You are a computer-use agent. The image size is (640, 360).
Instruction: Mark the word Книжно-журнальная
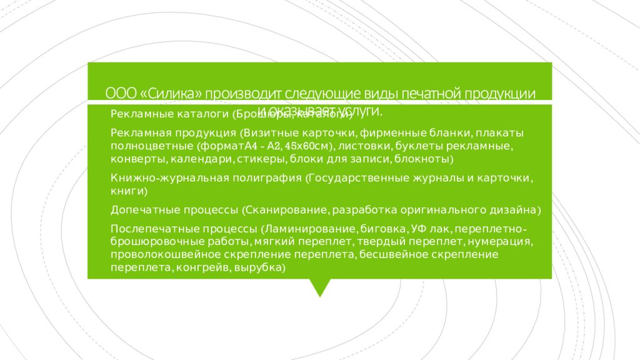tap(160, 178)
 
